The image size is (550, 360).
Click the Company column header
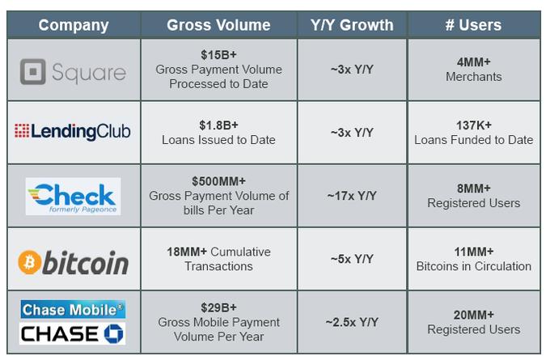tap(74, 25)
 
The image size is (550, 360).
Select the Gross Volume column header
tap(218, 25)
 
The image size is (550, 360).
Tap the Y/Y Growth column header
tap(352, 25)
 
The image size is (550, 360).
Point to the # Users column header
tap(473, 25)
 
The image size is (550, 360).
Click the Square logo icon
tap(32, 72)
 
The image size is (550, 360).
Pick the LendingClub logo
tap(73, 132)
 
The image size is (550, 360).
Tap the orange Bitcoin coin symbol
tap(29, 262)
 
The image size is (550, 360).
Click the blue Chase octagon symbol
tap(114, 333)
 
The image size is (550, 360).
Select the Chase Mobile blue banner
tap(73, 310)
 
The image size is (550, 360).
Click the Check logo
tap(73, 197)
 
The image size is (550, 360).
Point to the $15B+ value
tap(218, 55)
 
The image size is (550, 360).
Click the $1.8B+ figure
tap(218, 125)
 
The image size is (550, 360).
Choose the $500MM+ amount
tap(218, 181)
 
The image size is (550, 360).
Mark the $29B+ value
tap(218, 307)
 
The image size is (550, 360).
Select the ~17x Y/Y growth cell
tap(352, 196)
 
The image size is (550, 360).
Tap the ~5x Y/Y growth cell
tap(352, 259)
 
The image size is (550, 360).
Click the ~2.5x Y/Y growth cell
tap(352, 322)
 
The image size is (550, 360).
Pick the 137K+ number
tap(474, 125)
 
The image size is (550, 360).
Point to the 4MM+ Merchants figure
tap(474, 70)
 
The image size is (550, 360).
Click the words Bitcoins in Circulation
tap(474, 266)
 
